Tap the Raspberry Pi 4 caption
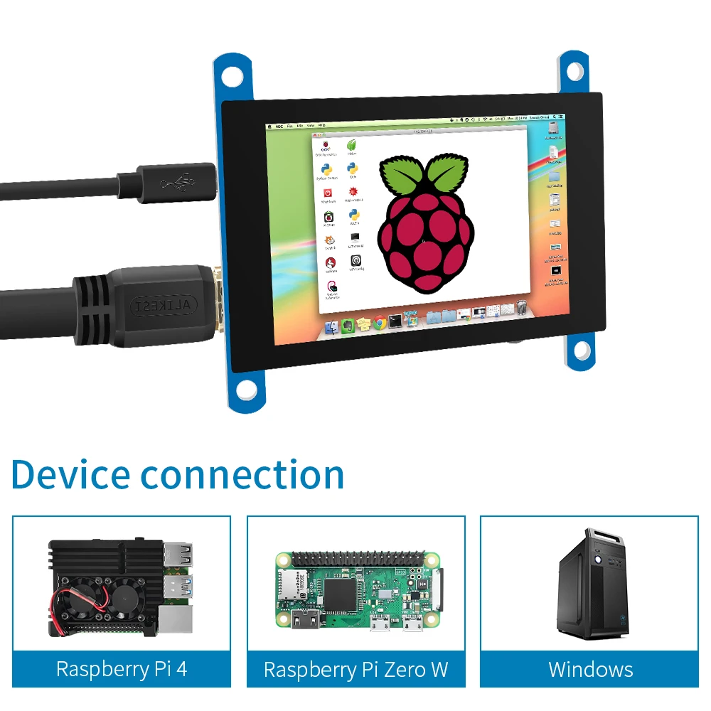point(122,668)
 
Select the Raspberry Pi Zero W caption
point(355,669)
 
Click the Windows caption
point(590,668)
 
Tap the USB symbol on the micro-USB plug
point(176,183)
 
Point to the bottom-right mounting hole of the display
point(582,349)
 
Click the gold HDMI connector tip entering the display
point(215,299)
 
